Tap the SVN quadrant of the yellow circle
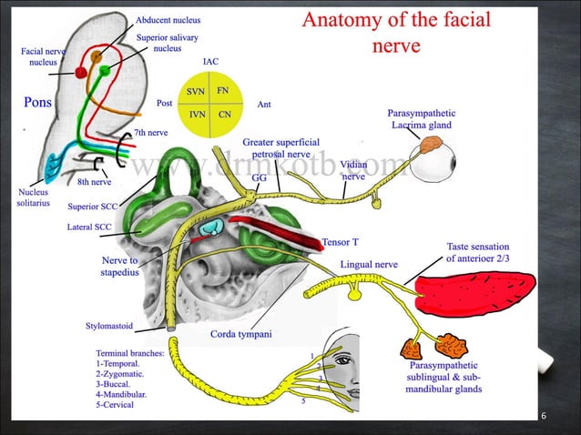click(x=196, y=92)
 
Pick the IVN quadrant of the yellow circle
click(x=196, y=116)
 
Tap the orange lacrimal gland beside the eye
click(x=431, y=144)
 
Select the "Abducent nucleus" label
click(x=168, y=19)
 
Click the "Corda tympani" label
click(x=241, y=335)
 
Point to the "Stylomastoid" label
click(x=109, y=326)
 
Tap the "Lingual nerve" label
click(x=369, y=264)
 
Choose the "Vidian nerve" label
click(x=353, y=171)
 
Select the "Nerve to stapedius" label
click(x=119, y=266)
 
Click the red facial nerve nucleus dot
click(x=81, y=72)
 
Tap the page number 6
click(x=544, y=416)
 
